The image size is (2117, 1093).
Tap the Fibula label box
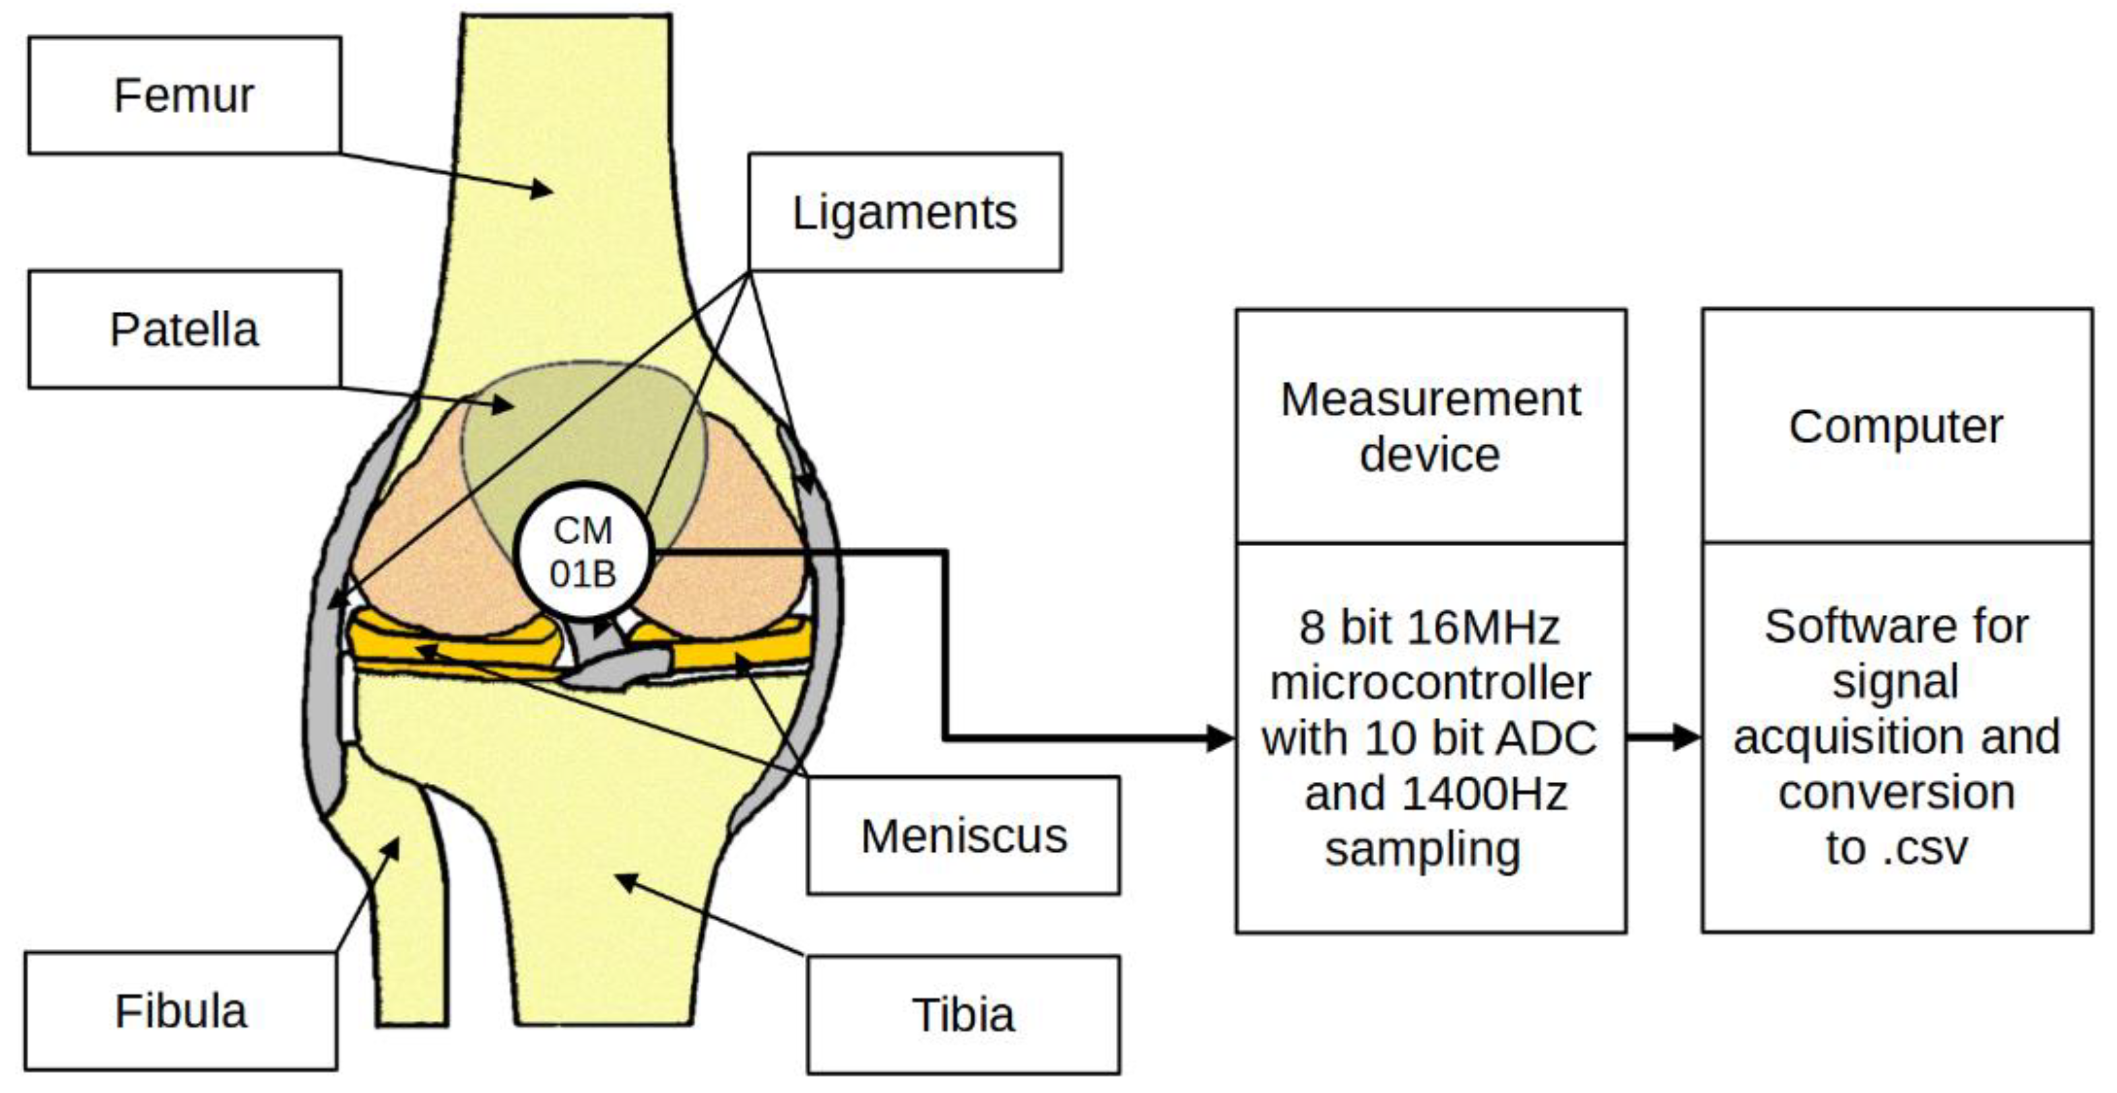click(181, 1011)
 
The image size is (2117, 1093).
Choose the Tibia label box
click(963, 1014)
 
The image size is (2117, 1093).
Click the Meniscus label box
click(963, 836)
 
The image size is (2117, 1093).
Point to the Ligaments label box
click(904, 212)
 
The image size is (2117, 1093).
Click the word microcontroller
click(1430, 682)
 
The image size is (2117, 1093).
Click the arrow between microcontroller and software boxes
click(1664, 737)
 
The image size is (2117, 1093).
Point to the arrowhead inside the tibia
click(626, 882)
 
